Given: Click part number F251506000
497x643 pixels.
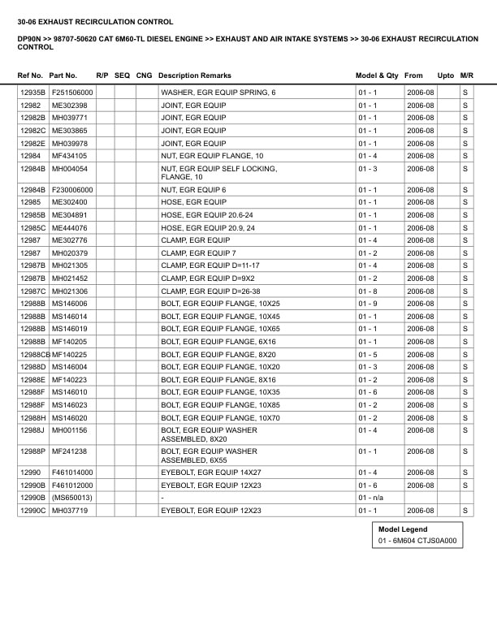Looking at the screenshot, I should tap(72, 93).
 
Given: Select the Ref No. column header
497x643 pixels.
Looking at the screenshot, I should tap(31, 76).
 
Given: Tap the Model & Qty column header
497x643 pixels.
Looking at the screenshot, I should tap(377, 76).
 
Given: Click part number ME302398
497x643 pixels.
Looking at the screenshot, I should tap(69, 106).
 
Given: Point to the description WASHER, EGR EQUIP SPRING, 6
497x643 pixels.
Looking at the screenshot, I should tap(218, 93).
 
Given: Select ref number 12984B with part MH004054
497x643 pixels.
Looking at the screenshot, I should tap(32, 169).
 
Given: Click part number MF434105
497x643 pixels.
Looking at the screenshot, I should tap(69, 156).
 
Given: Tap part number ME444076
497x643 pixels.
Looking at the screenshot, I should tap(69, 228).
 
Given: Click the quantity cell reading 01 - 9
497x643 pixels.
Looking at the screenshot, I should tap(368, 304).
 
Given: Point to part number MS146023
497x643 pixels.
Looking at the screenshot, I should tap(69, 405).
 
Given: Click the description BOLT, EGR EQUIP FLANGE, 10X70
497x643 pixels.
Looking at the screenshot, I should tap(221, 418).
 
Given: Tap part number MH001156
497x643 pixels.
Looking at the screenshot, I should tap(69, 430).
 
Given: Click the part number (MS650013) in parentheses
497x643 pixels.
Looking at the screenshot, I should tap(71, 498).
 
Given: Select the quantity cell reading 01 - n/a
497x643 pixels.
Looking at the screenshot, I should tap(371, 498).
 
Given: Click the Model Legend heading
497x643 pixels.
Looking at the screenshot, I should tap(402, 529).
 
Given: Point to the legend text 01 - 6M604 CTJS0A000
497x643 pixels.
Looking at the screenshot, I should tap(417, 542).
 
